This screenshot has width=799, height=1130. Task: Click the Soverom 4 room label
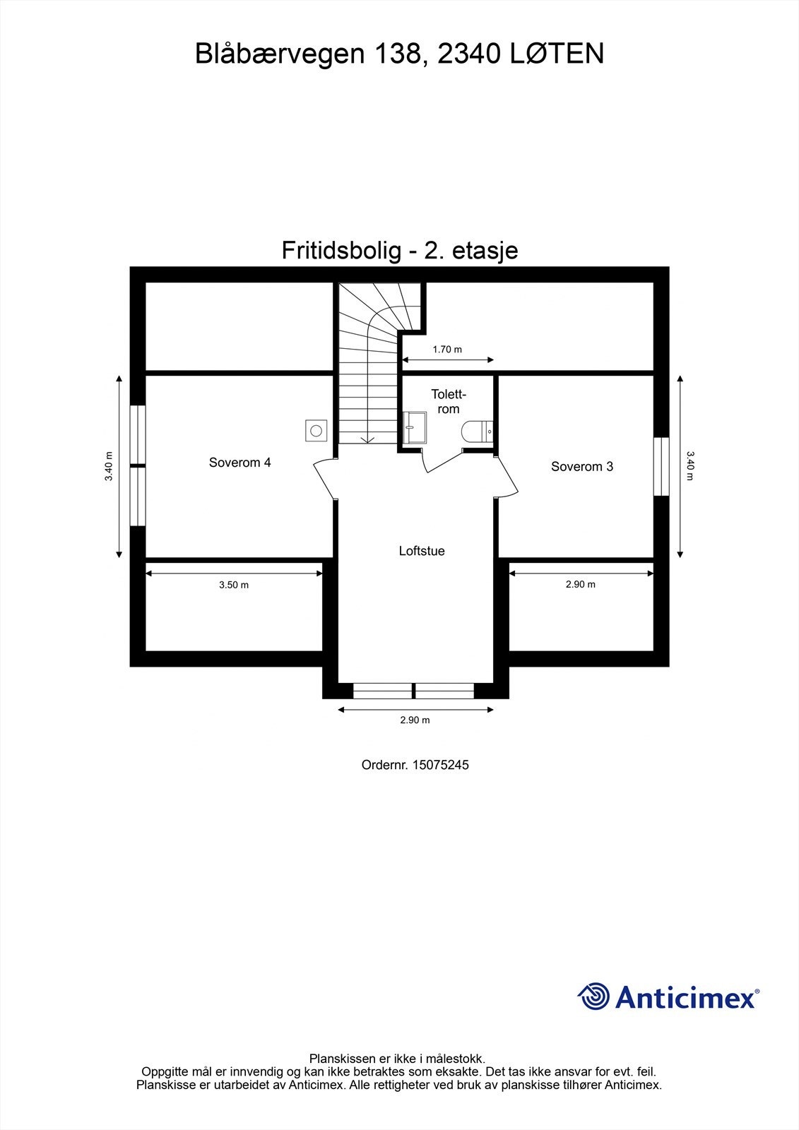coord(239,463)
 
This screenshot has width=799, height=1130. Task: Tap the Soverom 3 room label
coord(582,466)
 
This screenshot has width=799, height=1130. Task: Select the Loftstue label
coord(422,551)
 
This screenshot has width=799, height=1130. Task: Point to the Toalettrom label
coord(449,402)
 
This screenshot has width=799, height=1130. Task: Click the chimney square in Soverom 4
coord(316,429)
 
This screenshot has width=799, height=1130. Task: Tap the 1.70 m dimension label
coord(447,349)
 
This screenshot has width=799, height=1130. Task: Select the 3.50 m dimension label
coord(234,585)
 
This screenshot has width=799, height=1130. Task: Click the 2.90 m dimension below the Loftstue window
coord(415,720)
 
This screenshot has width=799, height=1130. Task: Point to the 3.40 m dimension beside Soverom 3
coord(690,465)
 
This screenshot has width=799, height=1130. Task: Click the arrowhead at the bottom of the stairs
coord(367,439)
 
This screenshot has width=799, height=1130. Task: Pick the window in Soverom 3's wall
coord(661,466)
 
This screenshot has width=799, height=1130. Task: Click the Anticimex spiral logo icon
coord(593,997)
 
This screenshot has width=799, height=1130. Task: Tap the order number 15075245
coord(440,765)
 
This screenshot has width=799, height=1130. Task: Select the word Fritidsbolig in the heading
coord(338,250)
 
